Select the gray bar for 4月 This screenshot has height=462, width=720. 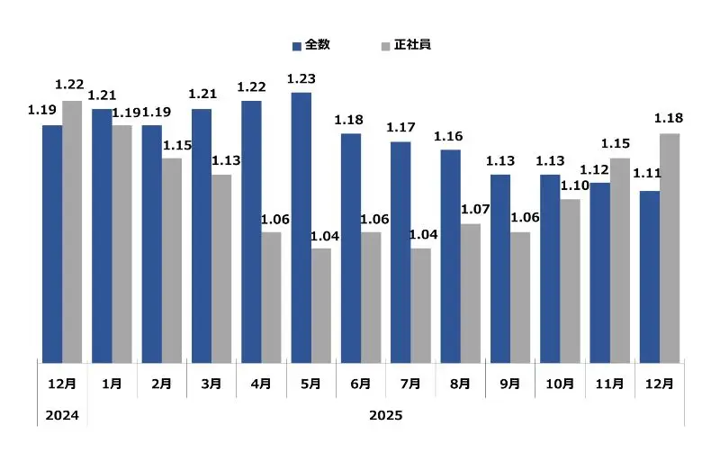tap(271, 297)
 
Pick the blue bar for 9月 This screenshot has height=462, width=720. tap(499, 268)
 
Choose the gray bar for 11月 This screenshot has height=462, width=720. tap(619, 260)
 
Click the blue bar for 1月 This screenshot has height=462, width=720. tap(102, 235)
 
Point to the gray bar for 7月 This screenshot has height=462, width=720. tap(420, 305)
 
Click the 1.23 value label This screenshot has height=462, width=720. tap(301, 79)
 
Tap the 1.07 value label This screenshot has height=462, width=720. tap(474, 210)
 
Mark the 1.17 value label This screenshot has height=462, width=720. tap(400, 128)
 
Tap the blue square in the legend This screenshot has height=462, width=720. tap(296, 45)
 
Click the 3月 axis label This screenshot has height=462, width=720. tap(211, 384)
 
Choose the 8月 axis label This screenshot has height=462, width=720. tap(460, 384)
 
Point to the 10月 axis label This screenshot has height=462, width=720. tap(560, 384)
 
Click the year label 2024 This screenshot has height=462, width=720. tap(63, 415)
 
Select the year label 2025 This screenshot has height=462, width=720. tap(386, 415)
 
